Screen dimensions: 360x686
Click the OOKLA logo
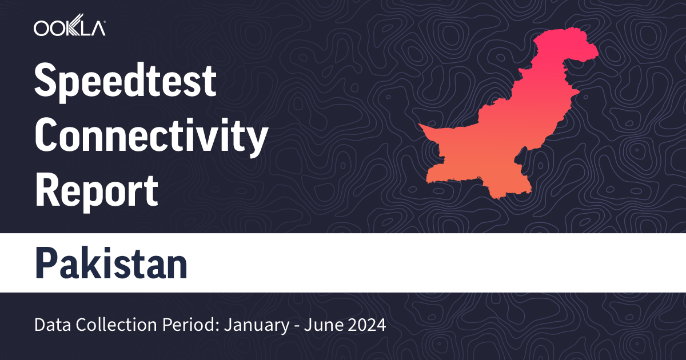click(x=69, y=28)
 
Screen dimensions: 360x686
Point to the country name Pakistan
click(x=111, y=263)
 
